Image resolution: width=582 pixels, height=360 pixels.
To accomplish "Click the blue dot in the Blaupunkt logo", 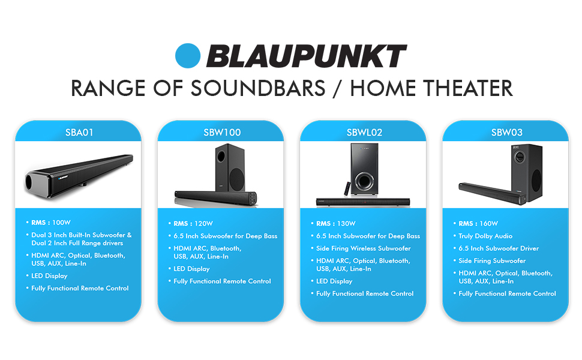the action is pos(188,56).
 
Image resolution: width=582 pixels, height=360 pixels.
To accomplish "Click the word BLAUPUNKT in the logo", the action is pos(307,56).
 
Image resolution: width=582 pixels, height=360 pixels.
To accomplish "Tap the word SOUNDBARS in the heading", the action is pos(258,88).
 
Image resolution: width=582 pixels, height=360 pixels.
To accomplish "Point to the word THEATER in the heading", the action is pos(468,88).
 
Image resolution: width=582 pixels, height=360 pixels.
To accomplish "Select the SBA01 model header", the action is pos(79,133).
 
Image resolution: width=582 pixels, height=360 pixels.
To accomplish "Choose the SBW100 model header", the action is pos(222,133).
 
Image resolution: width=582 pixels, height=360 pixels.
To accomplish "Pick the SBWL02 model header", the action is pos(364,133).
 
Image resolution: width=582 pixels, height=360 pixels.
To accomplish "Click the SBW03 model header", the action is pos(506,133).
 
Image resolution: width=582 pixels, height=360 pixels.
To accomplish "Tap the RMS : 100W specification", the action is pos(51,223).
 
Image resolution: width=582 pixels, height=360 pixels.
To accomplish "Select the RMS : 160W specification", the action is pos(478,223).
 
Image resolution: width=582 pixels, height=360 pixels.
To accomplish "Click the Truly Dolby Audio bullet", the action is pos(485,236).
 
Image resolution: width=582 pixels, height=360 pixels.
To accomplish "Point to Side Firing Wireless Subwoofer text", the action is pos(364,248).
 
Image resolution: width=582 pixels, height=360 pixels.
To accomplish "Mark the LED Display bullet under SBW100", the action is pos(191,269).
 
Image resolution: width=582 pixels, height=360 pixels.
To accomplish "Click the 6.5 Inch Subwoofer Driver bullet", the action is pos(499,248).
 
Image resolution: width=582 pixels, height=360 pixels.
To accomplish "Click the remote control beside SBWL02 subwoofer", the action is pos(347,188).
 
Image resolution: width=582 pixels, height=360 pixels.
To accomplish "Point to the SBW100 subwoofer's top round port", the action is pos(221,156).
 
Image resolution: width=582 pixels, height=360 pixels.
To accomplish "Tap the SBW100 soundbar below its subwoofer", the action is pos(216,197).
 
